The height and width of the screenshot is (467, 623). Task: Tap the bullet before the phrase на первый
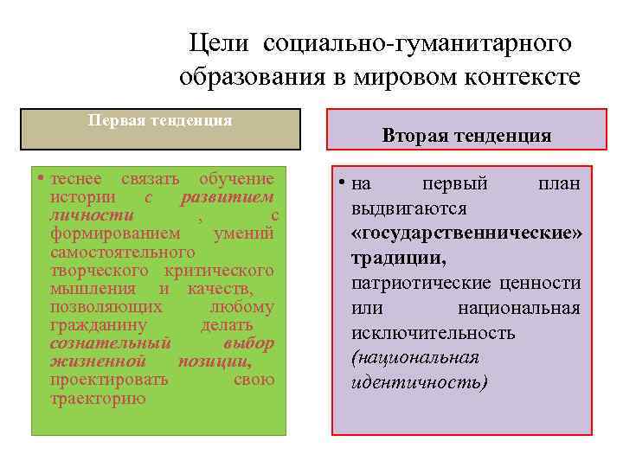tap(344, 184)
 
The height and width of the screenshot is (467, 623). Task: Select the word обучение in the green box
tap(236, 179)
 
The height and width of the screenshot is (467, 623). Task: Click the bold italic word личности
tap(92, 215)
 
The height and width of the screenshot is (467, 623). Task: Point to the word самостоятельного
tap(123, 252)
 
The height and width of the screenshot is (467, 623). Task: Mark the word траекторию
tap(99, 399)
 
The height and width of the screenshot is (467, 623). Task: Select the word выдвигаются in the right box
tap(409, 208)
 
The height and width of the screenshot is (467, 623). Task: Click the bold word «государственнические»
tap(466, 233)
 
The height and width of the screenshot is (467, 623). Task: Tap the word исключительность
tap(434, 333)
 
